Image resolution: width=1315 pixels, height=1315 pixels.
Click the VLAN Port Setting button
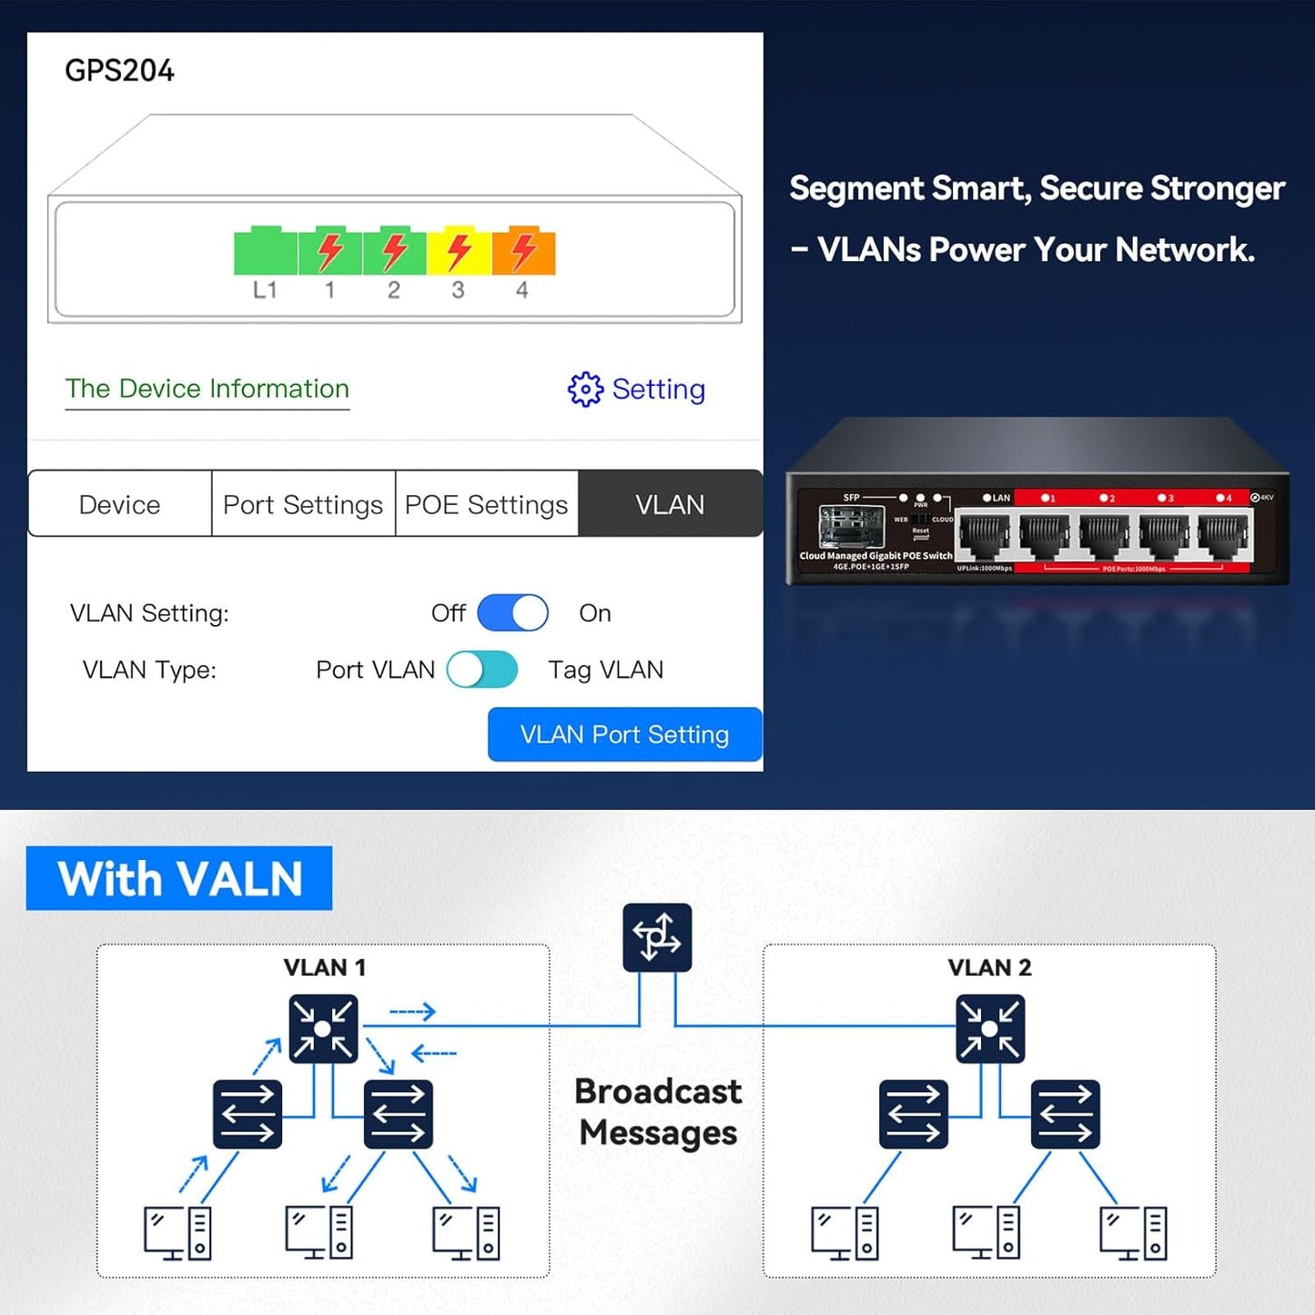(624, 734)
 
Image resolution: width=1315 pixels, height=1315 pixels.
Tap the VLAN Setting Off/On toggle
(512, 613)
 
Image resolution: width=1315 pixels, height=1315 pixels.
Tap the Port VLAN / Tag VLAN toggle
(481, 670)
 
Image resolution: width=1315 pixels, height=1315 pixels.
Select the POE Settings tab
(486, 504)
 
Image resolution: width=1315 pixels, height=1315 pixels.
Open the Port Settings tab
(303, 504)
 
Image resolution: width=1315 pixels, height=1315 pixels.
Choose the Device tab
(119, 504)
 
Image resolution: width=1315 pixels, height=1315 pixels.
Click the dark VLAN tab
(670, 504)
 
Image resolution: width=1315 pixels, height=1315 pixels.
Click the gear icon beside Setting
(585, 389)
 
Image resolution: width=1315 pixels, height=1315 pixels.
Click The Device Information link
(207, 389)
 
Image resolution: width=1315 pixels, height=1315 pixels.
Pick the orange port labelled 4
(523, 251)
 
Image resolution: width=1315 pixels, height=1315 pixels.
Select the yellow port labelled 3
(459, 251)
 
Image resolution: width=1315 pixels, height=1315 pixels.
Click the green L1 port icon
(265, 251)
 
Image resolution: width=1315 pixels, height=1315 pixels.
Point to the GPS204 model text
(119, 70)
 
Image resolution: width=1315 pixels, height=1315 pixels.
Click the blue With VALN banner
(179, 878)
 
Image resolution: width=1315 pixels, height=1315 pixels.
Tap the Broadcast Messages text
(658, 1112)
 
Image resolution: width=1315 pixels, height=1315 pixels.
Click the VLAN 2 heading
(989, 967)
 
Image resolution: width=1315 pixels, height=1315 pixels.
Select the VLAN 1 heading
(324, 967)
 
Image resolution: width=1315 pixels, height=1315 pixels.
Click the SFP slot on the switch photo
(851, 527)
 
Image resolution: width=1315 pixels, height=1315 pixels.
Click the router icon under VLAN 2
(990, 1029)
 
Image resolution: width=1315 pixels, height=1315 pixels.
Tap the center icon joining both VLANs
(657, 937)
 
